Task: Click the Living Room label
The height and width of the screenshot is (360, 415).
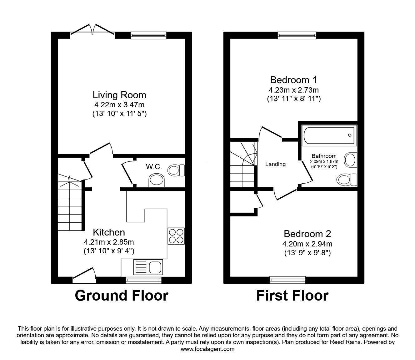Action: (119, 95)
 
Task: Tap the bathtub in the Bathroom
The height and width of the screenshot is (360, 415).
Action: (329, 135)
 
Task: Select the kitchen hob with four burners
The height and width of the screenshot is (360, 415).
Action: (176, 236)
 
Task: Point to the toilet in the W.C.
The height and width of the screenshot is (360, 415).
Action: (176, 170)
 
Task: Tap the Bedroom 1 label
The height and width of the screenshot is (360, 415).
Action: (293, 80)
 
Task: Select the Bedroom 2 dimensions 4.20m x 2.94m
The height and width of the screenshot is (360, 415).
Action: (307, 244)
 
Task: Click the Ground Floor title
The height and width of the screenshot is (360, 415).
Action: (121, 296)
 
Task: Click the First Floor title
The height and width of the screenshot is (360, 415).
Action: (292, 296)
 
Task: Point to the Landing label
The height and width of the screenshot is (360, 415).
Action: (275, 164)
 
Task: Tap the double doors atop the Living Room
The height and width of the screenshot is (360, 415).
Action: (92, 30)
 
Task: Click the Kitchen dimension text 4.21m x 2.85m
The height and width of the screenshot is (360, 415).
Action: (109, 242)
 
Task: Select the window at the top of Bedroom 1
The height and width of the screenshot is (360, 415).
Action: (297, 36)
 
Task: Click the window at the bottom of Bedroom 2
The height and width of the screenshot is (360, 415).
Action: (287, 280)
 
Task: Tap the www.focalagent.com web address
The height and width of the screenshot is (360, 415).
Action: (207, 349)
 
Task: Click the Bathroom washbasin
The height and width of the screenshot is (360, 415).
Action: (351, 160)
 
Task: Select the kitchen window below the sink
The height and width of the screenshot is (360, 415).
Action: (143, 280)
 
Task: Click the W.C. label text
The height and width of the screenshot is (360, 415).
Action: (154, 167)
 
